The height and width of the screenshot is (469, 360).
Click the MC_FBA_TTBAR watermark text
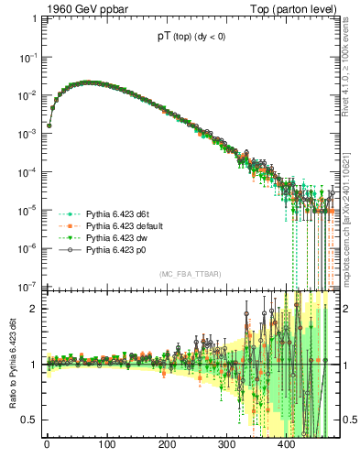(x=192, y=275)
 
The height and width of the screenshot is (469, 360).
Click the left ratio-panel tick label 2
(x=33, y=309)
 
